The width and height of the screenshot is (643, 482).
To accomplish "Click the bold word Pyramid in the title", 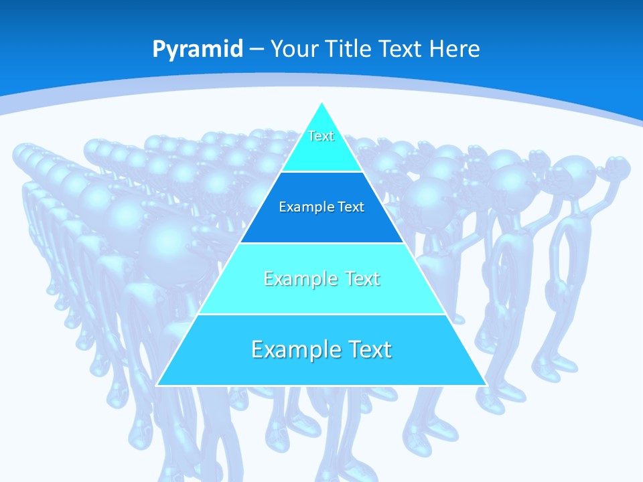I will pyautogui.click(x=198, y=49).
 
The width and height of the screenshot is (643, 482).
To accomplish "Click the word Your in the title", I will pyautogui.click(x=294, y=49).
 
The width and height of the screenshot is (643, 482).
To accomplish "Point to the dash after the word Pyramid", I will pyautogui.click(x=257, y=50).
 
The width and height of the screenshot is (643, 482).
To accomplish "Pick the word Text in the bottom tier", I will pyautogui.click(x=367, y=349).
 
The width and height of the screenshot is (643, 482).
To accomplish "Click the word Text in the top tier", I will pyautogui.click(x=321, y=136).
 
